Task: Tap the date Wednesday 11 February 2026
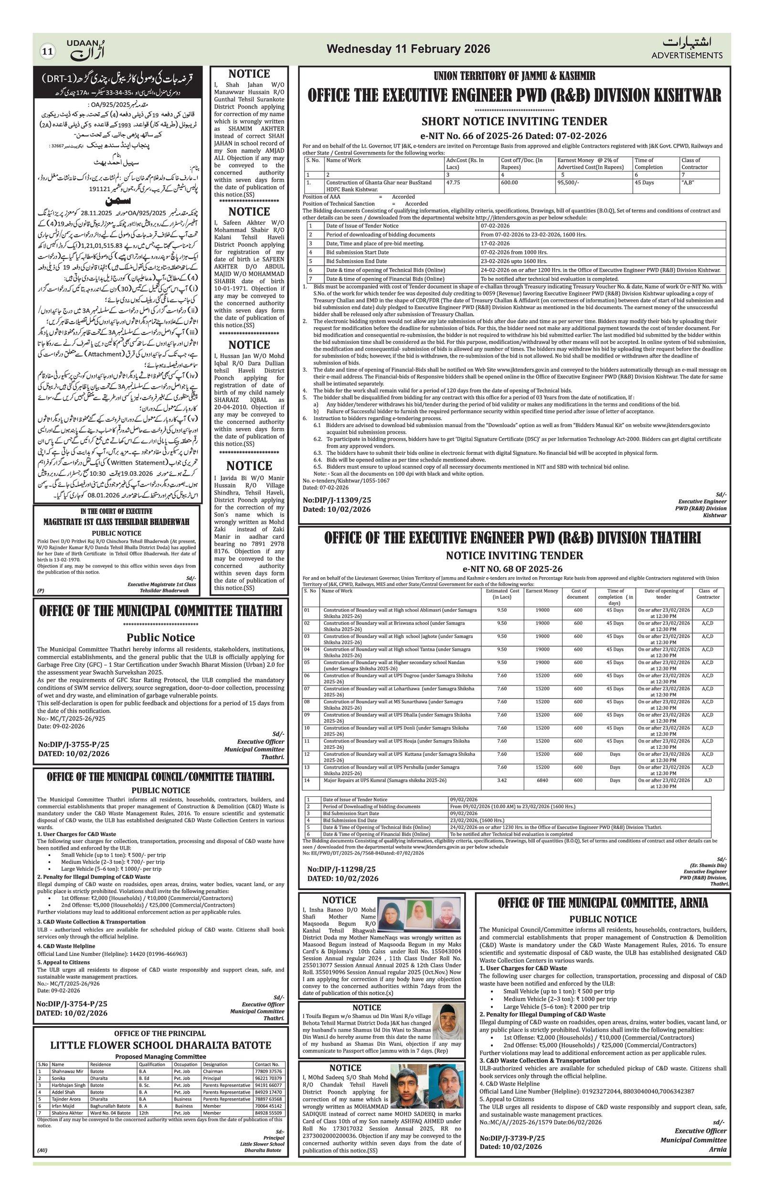coord(408,49)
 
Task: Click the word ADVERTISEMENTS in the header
coord(687,55)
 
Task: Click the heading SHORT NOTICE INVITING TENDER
coord(514,121)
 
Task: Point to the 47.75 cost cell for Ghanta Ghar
coord(453,182)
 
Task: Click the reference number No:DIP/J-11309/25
coord(337,500)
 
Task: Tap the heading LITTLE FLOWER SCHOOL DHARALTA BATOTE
coord(160,1045)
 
